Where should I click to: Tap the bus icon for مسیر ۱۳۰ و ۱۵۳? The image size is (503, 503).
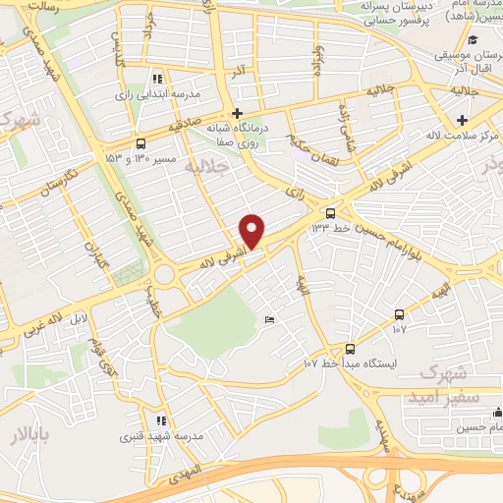(x=140, y=141)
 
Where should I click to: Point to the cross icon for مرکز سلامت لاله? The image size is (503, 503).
(x=461, y=119)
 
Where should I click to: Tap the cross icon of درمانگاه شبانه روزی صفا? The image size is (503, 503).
(x=236, y=113)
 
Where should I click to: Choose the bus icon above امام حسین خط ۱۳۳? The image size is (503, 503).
(x=332, y=211)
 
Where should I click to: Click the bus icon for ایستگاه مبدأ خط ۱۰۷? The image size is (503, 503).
(x=351, y=349)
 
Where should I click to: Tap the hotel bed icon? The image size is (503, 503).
(x=270, y=320)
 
